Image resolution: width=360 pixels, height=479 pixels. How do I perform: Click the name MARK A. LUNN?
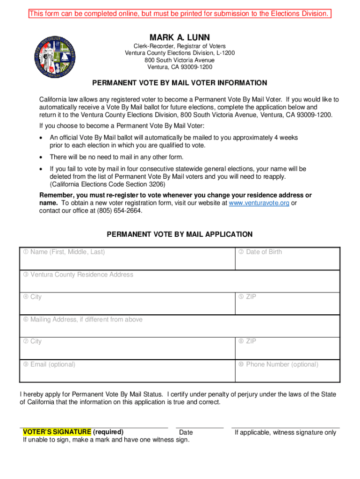[x=180, y=37]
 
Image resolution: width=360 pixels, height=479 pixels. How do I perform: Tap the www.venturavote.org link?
[x=259, y=203]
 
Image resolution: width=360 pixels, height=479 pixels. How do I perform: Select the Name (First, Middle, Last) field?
[x=127, y=259]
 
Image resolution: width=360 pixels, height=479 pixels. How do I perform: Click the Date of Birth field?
[x=287, y=259]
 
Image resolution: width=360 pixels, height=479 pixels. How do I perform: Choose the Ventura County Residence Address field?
[x=180, y=281]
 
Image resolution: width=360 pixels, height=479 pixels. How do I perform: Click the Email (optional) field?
[x=127, y=371]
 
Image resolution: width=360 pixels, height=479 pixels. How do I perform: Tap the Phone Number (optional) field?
[x=287, y=371]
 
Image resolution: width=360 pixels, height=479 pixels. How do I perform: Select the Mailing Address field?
[x=180, y=326]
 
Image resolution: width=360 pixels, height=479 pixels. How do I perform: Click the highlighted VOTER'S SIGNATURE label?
[x=57, y=432]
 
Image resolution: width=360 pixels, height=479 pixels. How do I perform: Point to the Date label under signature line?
[x=186, y=433]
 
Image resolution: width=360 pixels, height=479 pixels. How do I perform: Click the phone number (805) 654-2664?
[x=119, y=210]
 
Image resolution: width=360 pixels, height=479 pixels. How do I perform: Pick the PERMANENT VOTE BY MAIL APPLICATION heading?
[x=180, y=234]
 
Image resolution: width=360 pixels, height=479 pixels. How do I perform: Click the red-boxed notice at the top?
[x=180, y=14]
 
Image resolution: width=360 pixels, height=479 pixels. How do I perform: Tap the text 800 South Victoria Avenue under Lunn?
[x=180, y=60]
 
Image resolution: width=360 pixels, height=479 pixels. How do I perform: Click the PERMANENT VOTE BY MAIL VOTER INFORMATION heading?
[x=180, y=83]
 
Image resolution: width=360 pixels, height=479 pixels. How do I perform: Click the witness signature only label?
[x=285, y=433]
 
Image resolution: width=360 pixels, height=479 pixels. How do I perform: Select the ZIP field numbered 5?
[x=287, y=304]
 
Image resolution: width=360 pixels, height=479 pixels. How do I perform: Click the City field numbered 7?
[x=127, y=348]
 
